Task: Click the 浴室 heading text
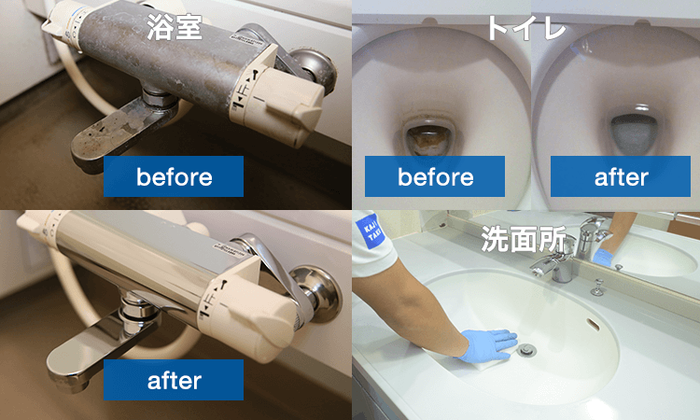[175, 27]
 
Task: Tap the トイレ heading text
[525, 27]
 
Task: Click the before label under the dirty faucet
[174, 176]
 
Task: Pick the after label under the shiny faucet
[174, 380]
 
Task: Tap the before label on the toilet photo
[434, 176]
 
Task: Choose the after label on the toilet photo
[620, 176]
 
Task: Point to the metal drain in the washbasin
[527, 351]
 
